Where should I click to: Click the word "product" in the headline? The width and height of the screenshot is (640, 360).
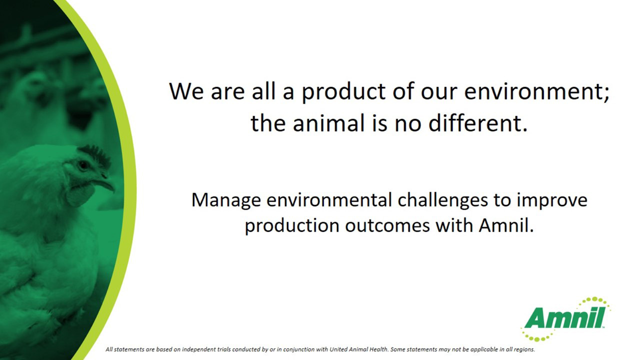point(343,92)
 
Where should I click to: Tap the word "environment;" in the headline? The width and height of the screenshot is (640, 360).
point(536,91)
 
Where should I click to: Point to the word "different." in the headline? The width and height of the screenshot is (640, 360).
point(477,123)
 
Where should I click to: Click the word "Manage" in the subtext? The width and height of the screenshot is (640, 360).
point(225,200)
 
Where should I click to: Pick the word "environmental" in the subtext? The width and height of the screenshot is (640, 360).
point(329,200)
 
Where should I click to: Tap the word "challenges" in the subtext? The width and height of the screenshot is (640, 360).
point(442,200)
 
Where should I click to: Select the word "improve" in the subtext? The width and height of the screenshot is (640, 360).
point(551,200)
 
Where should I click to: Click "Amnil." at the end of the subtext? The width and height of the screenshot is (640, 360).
point(506,225)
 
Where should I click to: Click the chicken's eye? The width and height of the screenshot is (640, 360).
point(83,165)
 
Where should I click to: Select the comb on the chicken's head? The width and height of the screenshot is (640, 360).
point(95,155)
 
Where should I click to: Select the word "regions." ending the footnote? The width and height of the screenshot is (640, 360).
point(524,349)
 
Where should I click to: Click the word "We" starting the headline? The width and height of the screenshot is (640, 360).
point(186,92)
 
